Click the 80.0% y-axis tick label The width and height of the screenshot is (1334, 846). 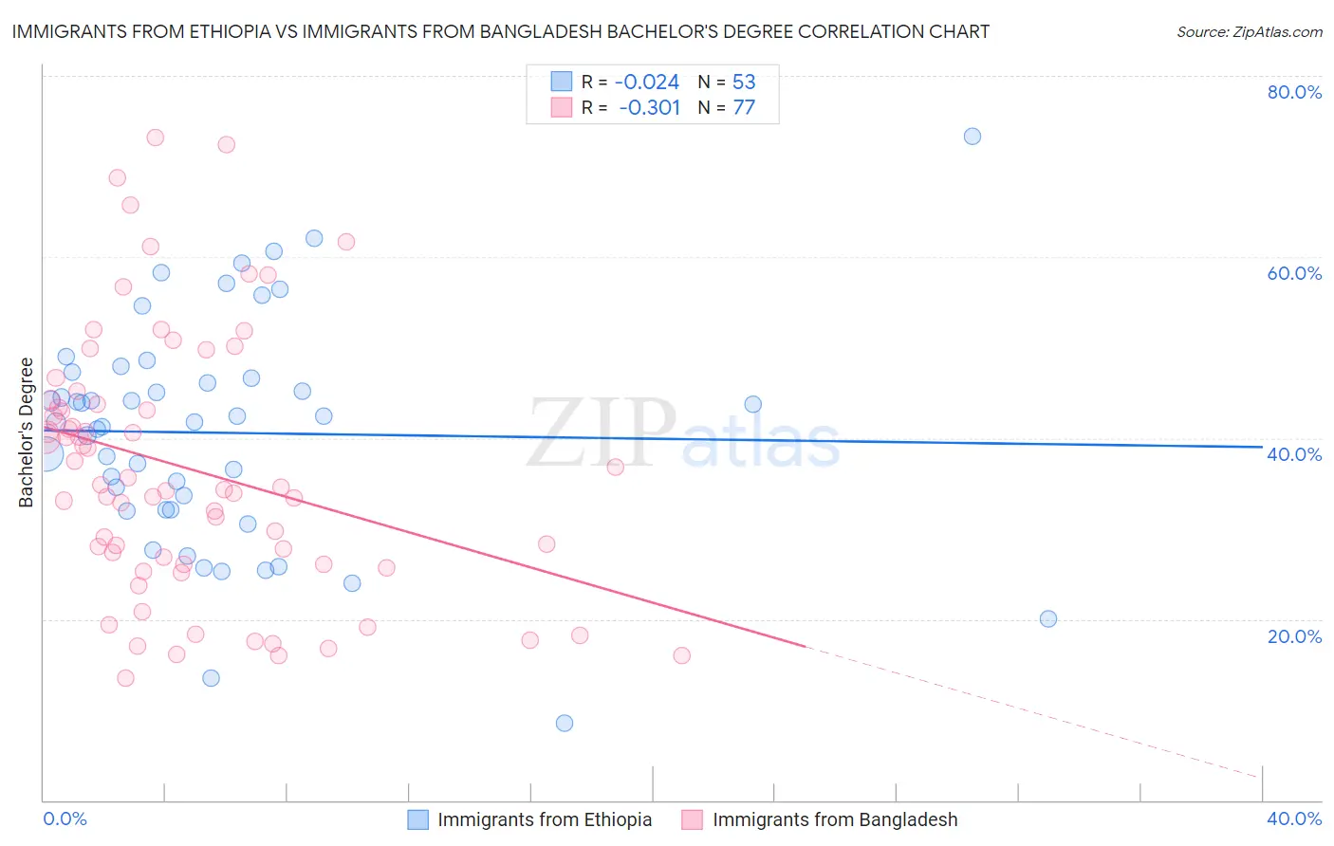[1294, 92]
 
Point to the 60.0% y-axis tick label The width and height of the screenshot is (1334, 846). [1294, 273]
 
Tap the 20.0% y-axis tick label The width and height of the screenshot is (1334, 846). [1294, 635]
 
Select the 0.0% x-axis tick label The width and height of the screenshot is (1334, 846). [65, 818]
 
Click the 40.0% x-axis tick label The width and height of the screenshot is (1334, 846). [1294, 818]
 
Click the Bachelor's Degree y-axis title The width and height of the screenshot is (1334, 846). [27, 432]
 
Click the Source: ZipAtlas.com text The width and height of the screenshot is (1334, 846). [1249, 31]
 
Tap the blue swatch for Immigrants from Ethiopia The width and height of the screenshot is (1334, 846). [418, 819]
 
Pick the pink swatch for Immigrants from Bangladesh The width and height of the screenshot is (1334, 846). [693, 819]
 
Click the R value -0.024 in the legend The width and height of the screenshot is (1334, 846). [646, 82]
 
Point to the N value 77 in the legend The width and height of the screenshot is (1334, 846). [744, 107]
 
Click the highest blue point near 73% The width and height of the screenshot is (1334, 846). [972, 136]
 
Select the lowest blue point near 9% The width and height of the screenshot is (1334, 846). [565, 723]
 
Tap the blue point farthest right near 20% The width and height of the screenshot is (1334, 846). [1048, 618]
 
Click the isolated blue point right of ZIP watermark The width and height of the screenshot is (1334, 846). [752, 404]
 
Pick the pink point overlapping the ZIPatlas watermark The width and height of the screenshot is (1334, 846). [615, 467]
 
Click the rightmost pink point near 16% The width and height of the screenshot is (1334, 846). [681, 655]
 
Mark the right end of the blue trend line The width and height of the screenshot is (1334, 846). [1262, 446]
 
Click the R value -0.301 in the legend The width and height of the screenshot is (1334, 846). [649, 107]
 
